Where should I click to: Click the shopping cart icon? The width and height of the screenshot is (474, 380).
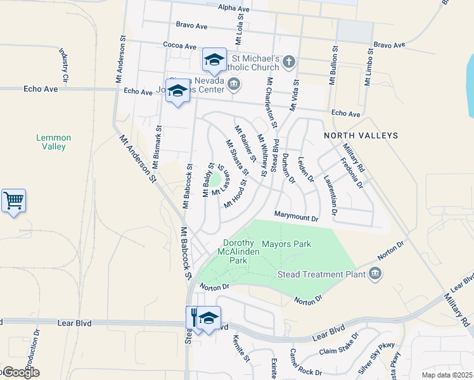(13, 201)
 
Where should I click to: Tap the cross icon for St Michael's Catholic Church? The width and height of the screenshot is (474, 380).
(289, 61)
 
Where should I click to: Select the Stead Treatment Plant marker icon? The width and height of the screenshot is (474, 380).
(375, 274)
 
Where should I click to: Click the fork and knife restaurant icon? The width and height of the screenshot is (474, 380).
(194, 317)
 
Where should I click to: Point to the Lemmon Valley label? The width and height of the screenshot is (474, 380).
(53, 142)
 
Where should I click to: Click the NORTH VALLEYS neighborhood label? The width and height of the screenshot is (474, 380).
(361, 136)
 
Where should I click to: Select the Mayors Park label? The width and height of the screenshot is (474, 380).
(286, 244)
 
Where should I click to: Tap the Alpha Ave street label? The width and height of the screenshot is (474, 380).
(233, 9)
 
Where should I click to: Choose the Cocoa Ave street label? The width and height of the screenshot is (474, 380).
(179, 46)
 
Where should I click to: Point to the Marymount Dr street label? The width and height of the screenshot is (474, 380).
(295, 217)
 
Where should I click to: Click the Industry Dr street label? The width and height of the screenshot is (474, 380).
(63, 60)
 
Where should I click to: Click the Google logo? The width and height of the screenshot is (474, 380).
(20, 372)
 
